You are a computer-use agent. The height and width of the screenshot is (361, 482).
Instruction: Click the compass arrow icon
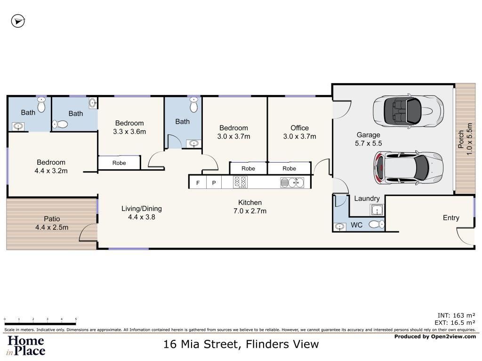coord(18,21)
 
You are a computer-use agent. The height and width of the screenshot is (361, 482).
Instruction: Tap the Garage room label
coord(368,135)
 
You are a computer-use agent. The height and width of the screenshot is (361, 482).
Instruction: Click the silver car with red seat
coord(408,167)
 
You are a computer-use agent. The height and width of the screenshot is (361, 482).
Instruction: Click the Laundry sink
coord(376,210)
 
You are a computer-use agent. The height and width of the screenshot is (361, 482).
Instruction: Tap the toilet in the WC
coord(376,225)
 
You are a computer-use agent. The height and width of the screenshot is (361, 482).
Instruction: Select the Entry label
coord(451,218)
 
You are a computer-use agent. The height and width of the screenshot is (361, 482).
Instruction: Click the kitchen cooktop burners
coord(241,182)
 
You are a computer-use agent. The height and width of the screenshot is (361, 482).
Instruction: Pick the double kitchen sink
coord(292,182)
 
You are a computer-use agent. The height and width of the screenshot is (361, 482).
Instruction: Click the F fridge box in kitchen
coord(198,182)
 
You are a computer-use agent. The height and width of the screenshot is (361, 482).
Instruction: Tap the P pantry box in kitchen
coord(213,182)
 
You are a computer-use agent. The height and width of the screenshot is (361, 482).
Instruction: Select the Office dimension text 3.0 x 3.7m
coord(300,137)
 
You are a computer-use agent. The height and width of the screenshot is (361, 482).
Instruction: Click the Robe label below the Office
coord(289,168)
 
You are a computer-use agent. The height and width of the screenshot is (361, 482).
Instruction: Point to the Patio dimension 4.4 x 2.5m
coord(52,228)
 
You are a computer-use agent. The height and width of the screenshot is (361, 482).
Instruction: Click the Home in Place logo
coord(26,345)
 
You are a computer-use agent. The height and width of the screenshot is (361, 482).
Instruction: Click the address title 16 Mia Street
coord(241,344)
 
